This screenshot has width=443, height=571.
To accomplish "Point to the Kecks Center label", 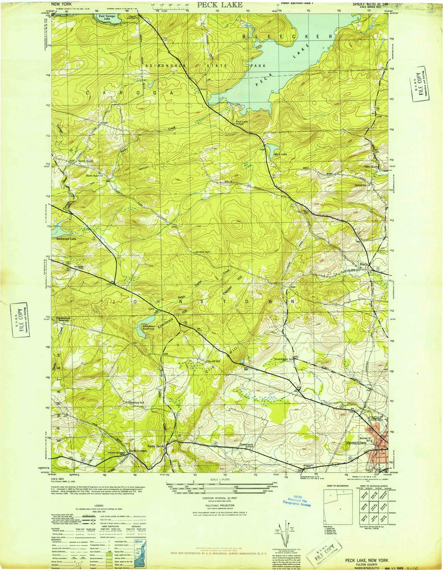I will coord(156,446).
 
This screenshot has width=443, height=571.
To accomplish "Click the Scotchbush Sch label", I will coord(284,359).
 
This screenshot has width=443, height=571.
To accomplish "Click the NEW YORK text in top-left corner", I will coord(58,3).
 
